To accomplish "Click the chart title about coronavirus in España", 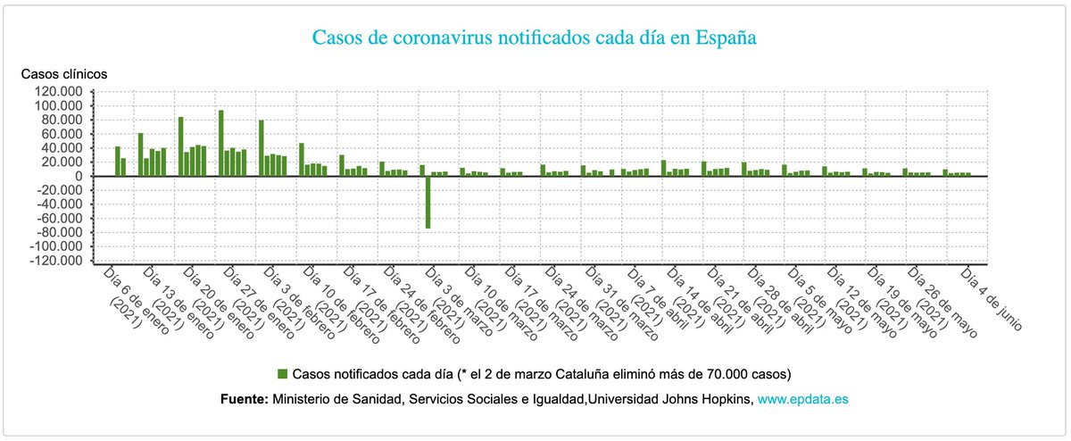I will [x=535, y=38].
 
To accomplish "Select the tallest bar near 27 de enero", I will [x=221, y=143].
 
